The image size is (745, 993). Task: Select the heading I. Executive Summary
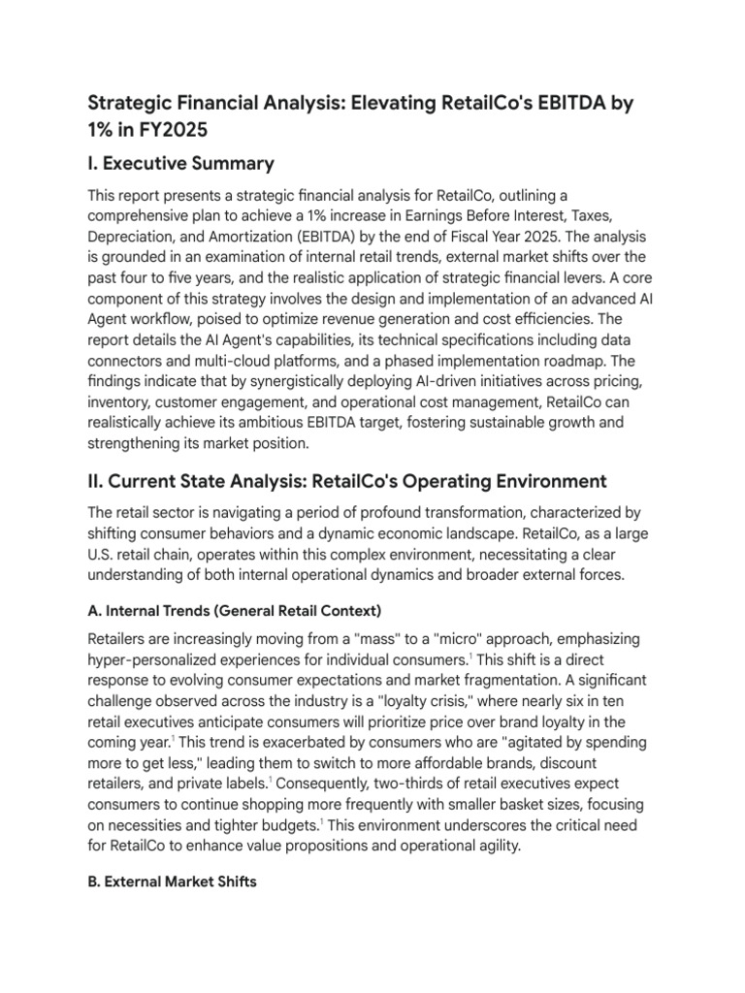click(x=181, y=163)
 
